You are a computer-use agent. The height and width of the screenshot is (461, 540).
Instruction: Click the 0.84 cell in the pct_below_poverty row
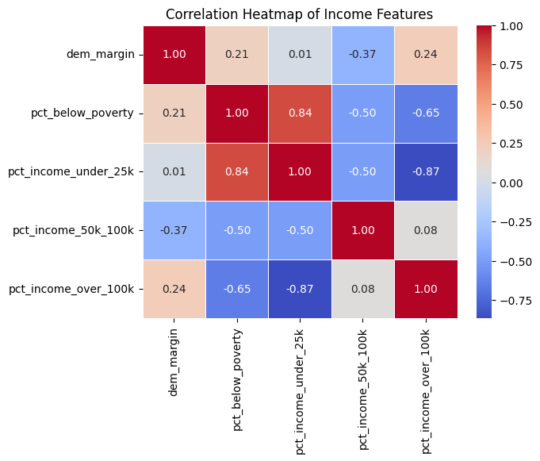tap(300, 113)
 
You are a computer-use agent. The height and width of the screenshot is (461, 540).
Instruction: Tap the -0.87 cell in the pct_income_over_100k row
tap(300, 289)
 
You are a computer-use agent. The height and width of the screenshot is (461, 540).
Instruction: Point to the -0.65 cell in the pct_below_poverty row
tap(426, 113)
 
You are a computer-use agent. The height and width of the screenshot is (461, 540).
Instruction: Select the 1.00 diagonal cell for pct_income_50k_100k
tap(362, 230)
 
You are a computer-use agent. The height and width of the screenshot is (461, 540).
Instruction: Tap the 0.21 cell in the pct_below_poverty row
tap(174, 113)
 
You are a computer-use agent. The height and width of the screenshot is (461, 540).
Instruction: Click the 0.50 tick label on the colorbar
tap(511, 104)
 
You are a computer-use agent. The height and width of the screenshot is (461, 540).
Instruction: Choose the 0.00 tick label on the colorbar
tap(511, 182)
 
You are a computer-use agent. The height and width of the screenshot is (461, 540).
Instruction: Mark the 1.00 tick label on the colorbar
tap(511, 26)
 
